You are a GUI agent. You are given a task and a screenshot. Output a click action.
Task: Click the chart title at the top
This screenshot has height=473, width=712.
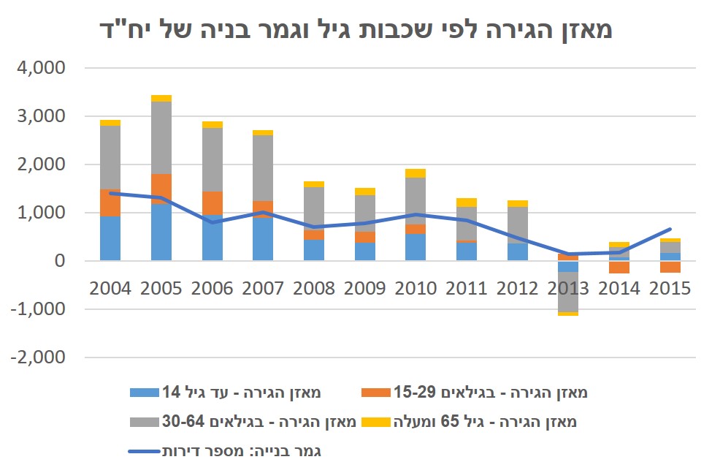point(356,30)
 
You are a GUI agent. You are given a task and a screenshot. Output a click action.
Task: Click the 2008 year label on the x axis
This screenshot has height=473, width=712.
point(314,287)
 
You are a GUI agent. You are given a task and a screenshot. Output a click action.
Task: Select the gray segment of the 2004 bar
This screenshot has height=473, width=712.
point(110,157)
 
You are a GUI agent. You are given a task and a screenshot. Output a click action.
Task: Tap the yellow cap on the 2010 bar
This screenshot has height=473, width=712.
point(416,173)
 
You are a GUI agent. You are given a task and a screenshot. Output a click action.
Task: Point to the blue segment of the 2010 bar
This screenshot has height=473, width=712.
point(416,247)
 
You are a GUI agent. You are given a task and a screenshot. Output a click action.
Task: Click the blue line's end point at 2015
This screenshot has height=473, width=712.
point(670,230)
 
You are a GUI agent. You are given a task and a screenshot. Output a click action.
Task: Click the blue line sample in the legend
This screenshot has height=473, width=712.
point(144,451)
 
